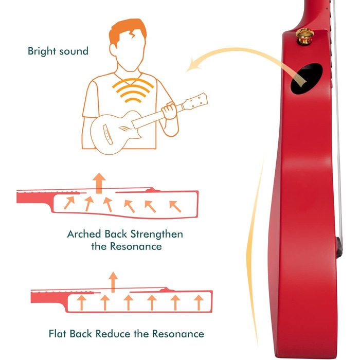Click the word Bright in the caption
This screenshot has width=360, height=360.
(42, 51)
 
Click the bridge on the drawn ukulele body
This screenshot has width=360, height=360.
(108, 135)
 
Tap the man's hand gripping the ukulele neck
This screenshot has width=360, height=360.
(169, 111)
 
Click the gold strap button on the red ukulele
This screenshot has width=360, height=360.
(304, 36)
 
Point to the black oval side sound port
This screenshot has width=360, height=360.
(307, 79)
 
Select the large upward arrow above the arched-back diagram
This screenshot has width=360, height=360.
(99, 183)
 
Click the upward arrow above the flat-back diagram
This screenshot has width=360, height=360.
(113, 282)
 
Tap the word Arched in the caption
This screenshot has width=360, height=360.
(84, 234)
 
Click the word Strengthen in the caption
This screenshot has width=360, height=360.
(156, 235)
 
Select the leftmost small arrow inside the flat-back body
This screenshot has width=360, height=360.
(81, 302)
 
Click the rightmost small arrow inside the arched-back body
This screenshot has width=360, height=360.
(175, 206)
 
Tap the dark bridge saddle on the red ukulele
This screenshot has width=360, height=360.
(339, 248)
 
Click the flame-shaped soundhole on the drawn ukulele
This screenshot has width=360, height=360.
(124, 129)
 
